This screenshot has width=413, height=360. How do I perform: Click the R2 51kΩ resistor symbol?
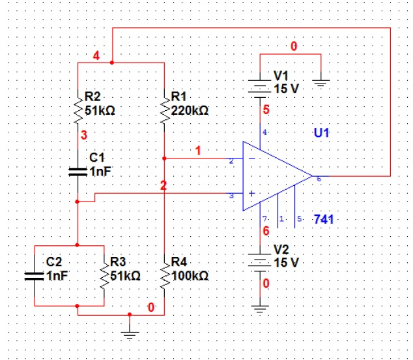tap(78, 108)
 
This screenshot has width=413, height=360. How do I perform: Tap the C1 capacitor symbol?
tap(78, 171)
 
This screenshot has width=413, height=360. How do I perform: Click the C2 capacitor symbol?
tap(33, 275)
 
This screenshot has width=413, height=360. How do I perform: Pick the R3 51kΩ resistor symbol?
tap(104, 273)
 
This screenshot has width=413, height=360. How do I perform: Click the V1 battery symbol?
tap(260, 86)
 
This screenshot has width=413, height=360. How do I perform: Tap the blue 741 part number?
tap(324, 219)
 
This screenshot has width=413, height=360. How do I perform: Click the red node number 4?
tap(96, 55)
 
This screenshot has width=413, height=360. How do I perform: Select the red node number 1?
tap(199, 151)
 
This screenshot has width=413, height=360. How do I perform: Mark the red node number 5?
tap(266, 111)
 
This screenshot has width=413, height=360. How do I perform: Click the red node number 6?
tap(266, 230)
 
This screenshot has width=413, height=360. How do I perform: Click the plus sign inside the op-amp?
tap(251, 194)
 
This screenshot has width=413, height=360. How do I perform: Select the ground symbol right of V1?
tap(321, 82)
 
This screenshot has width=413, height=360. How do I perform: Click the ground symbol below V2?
tap(260, 309)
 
